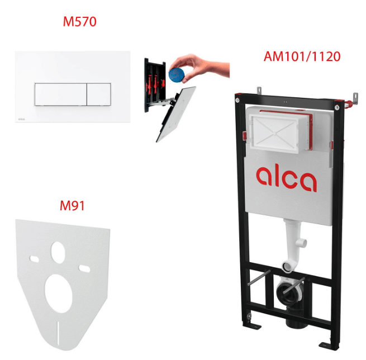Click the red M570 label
(79, 22)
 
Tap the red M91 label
(72, 206)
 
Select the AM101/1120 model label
(302, 56)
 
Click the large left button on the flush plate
(61, 94)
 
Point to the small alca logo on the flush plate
(21, 119)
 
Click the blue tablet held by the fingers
(177, 74)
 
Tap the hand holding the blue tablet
(201, 67)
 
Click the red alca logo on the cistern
(286, 178)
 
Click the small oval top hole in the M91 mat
(58, 253)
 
